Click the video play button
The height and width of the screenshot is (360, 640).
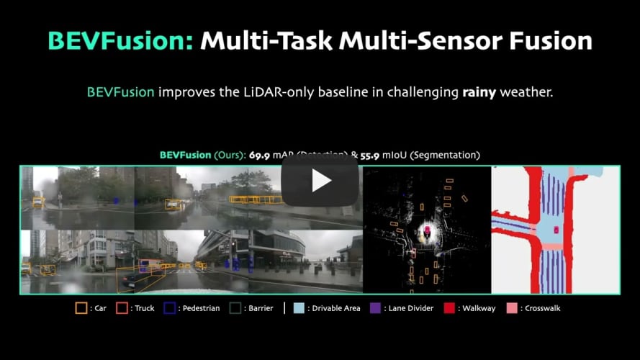tap(320, 181)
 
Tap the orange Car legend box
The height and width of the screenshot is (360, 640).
tap(81, 308)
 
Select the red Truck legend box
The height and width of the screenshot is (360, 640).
tap(122, 308)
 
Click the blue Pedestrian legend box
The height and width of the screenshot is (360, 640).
tap(170, 308)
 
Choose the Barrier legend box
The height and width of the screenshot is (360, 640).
tap(235, 308)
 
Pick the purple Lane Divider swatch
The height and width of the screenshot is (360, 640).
tap(374, 308)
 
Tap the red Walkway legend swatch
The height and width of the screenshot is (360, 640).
tap(450, 308)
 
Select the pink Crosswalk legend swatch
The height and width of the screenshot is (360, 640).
tap(511, 308)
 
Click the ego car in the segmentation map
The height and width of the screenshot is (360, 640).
tap(556, 229)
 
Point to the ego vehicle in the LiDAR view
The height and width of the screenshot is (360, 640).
tap(428, 230)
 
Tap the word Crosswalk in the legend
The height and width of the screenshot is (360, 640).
tap(543, 308)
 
